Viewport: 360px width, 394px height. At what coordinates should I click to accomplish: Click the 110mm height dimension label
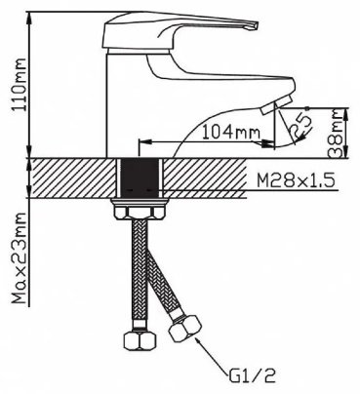click(20, 85)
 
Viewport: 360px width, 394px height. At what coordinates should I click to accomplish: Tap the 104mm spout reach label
click(231, 133)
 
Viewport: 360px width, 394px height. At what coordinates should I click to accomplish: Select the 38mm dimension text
click(336, 134)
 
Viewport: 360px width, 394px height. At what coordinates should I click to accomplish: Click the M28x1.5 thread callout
click(296, 180)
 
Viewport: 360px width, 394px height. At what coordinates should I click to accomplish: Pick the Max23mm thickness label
click(20, 258)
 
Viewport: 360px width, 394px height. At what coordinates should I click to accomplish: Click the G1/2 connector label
click(252, 376)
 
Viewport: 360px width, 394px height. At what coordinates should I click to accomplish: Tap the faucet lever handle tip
click(255, 25)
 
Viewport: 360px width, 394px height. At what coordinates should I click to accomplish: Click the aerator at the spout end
click(275, 104)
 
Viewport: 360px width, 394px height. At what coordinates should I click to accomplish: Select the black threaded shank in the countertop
click(140, 177)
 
